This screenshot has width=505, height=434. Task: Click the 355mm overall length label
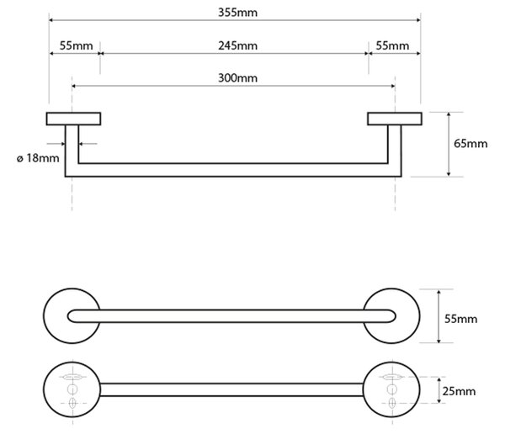point(237,13)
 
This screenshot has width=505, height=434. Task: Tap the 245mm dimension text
point(237,45)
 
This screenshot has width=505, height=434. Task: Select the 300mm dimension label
point(237,78)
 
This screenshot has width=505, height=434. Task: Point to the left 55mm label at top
point(76,45)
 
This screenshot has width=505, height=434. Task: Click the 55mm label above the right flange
point(392,45)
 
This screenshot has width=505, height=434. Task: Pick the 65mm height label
point(470,143)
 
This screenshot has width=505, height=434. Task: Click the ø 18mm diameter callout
point(38,158)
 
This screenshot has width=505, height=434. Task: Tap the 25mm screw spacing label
point(459,391)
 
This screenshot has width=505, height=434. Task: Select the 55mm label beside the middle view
point(461,319)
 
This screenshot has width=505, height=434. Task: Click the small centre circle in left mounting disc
point(72,389)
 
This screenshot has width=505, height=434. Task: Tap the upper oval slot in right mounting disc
point(392,376)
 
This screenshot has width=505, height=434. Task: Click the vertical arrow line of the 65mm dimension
point(449,144)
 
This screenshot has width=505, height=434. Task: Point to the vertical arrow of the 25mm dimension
point(439,390)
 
